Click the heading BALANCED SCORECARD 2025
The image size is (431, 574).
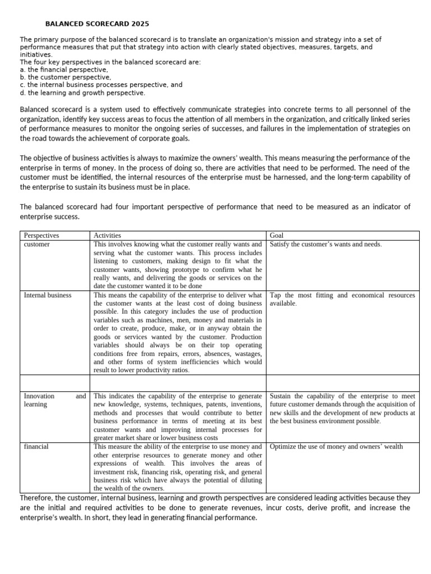[x=97, y=24]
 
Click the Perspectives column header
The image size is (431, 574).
[x=42, y=235]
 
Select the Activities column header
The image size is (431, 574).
[x=107, y=235]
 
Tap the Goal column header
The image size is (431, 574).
[x=277, y=235]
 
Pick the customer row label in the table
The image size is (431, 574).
[x=36, y=244]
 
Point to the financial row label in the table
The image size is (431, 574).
[x=36, y=447]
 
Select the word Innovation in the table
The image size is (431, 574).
[x=39, y=396]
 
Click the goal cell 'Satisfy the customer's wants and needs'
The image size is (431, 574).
[x=325, y=244]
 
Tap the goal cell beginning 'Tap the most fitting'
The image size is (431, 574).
[x=342, y=299]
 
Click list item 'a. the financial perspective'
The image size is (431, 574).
[x=64, y=70]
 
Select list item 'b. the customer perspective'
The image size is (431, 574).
[x=65, y=77]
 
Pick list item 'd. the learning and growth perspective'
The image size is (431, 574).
[x=82, y=93]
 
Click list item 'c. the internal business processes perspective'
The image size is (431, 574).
[x=101, y=85]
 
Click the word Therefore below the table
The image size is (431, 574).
[x=36, y=497]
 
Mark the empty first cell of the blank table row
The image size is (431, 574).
[x=54, y=382]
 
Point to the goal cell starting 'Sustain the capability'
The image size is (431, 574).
[x=342, y=408]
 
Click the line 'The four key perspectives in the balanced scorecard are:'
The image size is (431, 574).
[x=110, y=62]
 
